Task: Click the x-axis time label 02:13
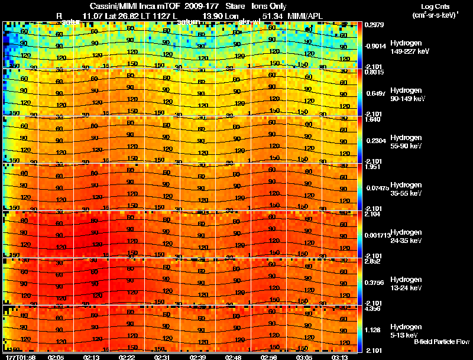pyautogui.click(x=92, y=357)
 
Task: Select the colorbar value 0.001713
pyautogui.click(x=376, y=235)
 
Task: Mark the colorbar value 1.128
pyautogui.click(x=372, y=330)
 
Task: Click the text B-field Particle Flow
pyautogui.click(x=442, y=342)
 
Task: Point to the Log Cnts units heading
pyautogui.click(x=435, y=10)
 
